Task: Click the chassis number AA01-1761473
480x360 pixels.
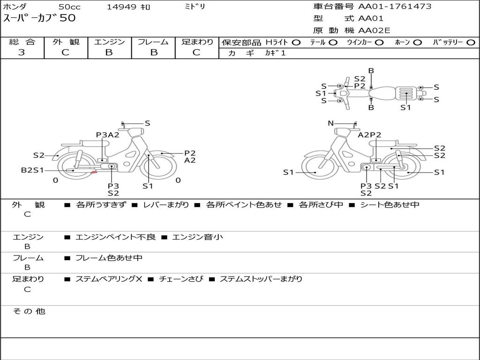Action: pyautogui.click(x=395, y=6)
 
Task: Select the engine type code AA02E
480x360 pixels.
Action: pyautogui.click(x=374, y=30)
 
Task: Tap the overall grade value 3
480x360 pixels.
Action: pyautogui.click(x=22, y=52)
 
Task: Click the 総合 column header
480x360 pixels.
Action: pyautogui.click(x=22, y=42)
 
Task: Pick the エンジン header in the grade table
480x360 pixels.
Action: pyautogui.click(x=109, y=42)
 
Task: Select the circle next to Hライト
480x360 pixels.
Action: pyautogui.click(x=296, y=43)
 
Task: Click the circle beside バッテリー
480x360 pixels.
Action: pyautogui.click(x=471, y=43)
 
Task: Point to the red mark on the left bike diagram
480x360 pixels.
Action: pyautogui.click(x=94, y=172)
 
